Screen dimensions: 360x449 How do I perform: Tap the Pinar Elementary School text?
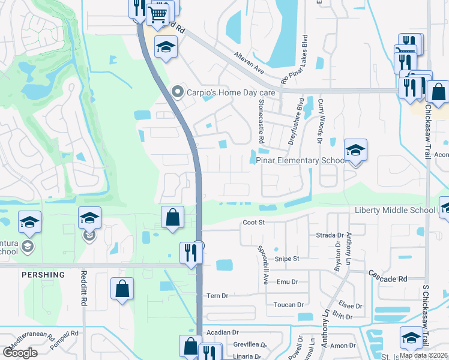point(301,161)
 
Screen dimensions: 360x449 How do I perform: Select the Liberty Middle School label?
point(394,210)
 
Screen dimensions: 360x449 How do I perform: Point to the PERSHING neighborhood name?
point(43,275)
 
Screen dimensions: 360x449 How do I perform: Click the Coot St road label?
point(253,223)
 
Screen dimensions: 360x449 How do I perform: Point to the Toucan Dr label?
point(289,305)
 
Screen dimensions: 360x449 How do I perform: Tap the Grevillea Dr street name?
point(250,345)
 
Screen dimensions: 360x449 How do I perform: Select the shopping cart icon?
point(157,13)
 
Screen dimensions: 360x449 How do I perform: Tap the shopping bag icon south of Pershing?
point(122,289)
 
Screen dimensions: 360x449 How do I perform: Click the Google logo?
point(20,353)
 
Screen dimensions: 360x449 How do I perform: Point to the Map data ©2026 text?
point(423,355)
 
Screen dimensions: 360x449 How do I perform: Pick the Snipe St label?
point(287,259)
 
